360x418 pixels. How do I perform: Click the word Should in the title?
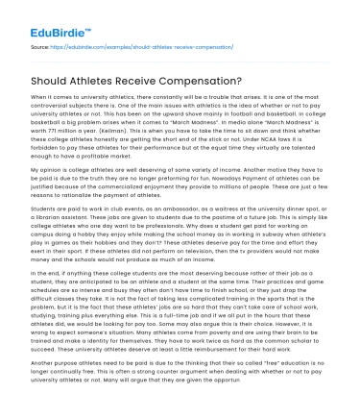56,82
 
